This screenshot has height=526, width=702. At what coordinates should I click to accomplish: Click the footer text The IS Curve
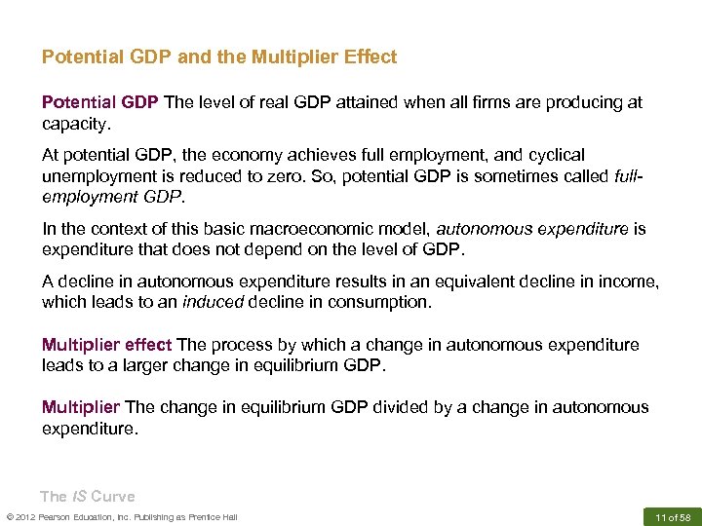pyautogui.click(x=87, y=496)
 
